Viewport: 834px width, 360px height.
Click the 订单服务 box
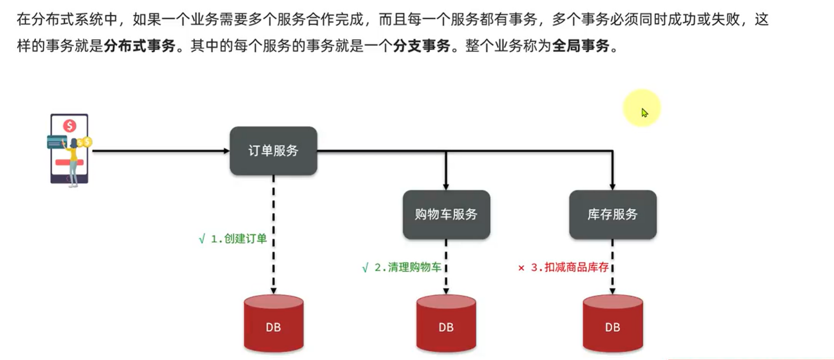pos(273,151)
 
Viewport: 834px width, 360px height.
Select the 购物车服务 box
pos(446,214)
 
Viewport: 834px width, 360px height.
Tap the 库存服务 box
pos(612,214)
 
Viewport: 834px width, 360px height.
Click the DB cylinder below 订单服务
pos(273,324)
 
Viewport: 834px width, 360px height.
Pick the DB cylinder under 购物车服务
pos(446,324)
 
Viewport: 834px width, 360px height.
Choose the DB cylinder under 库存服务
pos(612,324)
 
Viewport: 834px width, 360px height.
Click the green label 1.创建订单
pos(239,239)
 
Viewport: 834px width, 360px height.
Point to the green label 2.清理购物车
pos(408,267)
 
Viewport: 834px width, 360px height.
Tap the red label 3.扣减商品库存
pos(570,267)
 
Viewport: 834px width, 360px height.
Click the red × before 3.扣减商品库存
pos(521,268)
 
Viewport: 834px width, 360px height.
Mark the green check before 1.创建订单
pos(202,239)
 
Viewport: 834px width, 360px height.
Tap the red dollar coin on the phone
pos(69,125)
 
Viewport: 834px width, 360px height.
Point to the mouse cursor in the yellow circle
pos(644,112)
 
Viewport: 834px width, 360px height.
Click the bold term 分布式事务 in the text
pos(140,46)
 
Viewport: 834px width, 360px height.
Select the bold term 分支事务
pos(421,46)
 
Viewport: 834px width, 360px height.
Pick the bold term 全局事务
pos(580,46)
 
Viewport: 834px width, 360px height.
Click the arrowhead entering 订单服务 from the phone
pos(227,151)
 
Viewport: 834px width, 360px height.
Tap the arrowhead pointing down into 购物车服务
pos(446,187)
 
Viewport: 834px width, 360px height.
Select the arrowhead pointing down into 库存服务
pos(612,187)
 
